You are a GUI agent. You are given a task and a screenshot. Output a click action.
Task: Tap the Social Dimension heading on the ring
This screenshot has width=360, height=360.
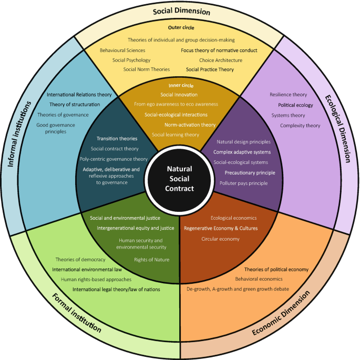(181, 11)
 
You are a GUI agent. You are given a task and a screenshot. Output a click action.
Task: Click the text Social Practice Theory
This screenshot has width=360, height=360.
(210, 69)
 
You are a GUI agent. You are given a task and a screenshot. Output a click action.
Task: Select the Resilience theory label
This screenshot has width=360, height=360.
(288, 95)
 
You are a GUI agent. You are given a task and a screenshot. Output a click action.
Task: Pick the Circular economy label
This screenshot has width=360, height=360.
(220, 239)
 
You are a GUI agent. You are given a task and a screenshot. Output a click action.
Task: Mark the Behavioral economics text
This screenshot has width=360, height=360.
(259, 279)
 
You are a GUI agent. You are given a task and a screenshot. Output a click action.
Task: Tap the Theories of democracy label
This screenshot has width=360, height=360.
(80, 260)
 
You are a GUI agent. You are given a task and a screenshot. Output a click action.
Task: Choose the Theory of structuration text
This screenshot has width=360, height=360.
(71, 105)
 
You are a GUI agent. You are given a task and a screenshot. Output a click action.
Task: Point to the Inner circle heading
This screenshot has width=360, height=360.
(179, 85)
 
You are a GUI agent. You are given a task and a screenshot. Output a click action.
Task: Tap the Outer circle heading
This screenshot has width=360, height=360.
(181, 27)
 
